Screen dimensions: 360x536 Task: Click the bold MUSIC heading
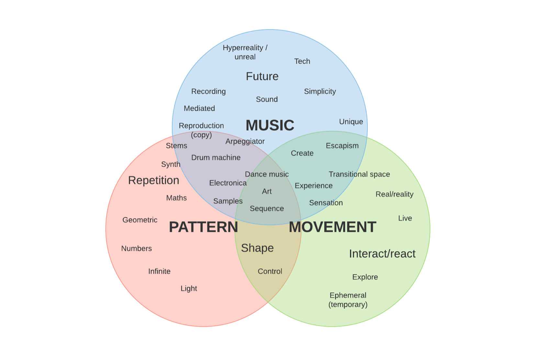click(x=270, y=125)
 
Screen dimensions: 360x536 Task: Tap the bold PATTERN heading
click(x=203, y=227)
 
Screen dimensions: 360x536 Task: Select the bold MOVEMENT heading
click(x=332, y=227)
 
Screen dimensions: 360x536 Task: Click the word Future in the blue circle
click(x=262, y=76)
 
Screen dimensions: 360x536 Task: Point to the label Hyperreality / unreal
click(x=245, y=52)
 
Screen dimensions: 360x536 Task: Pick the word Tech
click(x=302, y=61)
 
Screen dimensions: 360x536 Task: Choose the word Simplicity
click(x=320, y=91)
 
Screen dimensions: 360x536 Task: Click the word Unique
click(x=351, y=122)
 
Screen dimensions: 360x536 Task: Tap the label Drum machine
click(x=216, y=158)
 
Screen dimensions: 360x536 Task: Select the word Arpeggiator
click(x=245, y=141)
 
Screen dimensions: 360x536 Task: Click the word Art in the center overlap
click(x=267, y=191)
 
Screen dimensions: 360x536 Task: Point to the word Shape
click(x=257, y=248)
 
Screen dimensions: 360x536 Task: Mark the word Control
click(x=270, y=271)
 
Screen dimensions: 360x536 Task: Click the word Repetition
click(x=153, y=180)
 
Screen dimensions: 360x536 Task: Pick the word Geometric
click(x=140, y=220)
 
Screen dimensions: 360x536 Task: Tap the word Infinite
click(x=159, y=271)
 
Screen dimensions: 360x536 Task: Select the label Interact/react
click(x=382, y=254)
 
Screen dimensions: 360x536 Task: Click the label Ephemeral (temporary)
click(x=348, y=300)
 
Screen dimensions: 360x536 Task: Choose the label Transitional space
click(x=359, y=174)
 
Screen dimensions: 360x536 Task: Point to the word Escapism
click(x=342, y=146)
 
